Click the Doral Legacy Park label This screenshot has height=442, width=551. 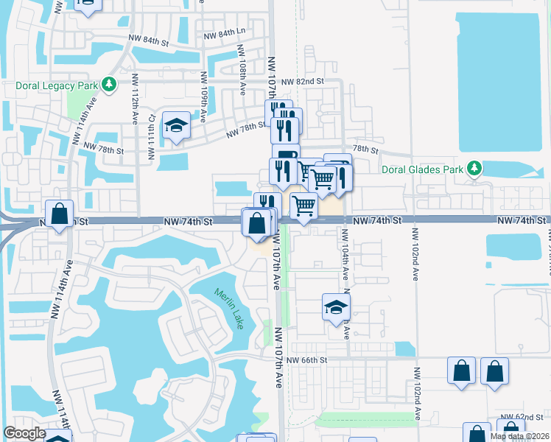coord(57,85)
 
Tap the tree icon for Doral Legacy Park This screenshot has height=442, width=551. coord(110,85)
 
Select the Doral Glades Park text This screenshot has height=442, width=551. coord(423,169)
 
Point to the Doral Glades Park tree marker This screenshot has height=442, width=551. coord(475,169)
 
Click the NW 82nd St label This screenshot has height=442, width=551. coord(308,82)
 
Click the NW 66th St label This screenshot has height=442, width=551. coord(306,359)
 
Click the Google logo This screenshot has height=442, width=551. coord(24,433)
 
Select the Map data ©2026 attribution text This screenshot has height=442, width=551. coord(519,436)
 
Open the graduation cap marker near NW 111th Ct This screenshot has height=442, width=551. coord(176,126)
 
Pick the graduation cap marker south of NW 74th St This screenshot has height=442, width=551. coord(336,307)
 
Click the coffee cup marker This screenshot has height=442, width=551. coord(286,155)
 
